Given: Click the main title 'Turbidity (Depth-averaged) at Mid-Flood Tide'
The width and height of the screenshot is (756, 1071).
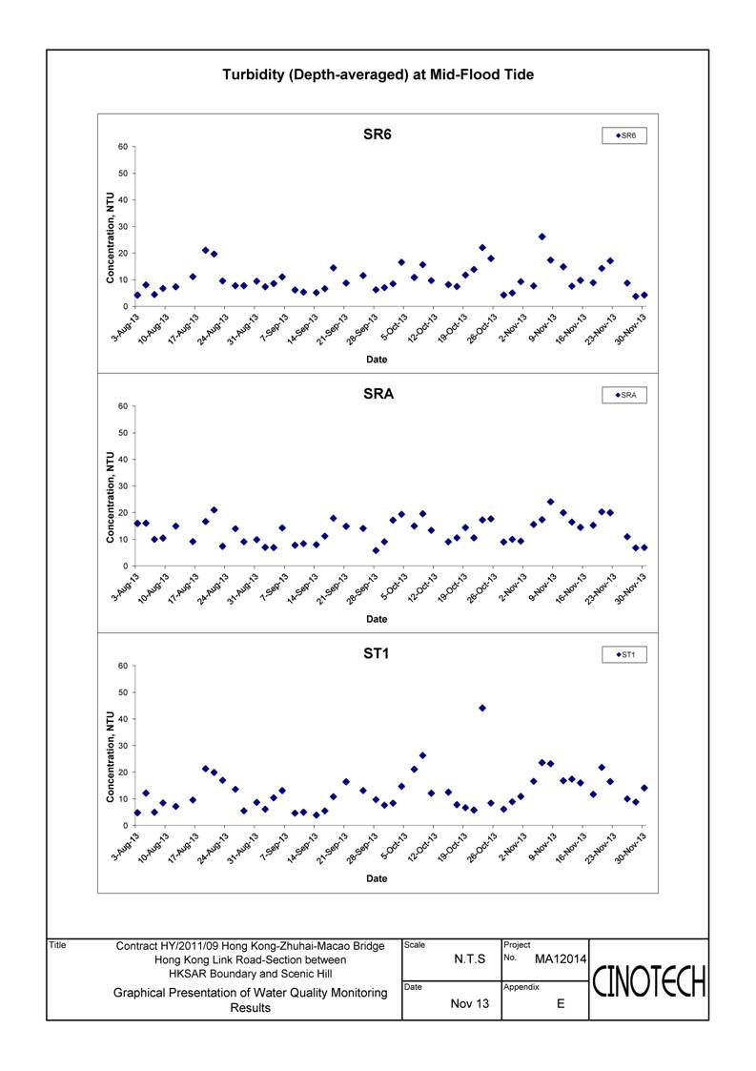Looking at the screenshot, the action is coord(378,74).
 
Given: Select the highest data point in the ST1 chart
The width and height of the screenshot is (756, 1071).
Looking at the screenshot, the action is coord(482,708).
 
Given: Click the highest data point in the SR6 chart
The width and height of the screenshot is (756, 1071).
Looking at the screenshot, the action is coord(542,237).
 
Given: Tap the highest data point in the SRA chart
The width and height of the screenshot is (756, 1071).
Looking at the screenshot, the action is coord(550,502).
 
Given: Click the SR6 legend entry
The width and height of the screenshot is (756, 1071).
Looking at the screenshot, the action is coord(624,136).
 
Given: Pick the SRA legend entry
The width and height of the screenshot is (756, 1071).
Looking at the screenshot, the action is coord(624,396).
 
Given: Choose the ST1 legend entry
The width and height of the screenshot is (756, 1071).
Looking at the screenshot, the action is coord(624,655).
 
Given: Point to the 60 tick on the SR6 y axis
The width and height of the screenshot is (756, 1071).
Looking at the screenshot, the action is coord(123,147).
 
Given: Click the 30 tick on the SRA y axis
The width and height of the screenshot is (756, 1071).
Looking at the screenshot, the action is coord(123,486).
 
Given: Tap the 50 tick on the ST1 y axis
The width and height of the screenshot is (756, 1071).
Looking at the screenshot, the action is coord(123,692).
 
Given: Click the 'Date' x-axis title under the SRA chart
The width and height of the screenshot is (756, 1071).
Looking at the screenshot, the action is coord(377,619).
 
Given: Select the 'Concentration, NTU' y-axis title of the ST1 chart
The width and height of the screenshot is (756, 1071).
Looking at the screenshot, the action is coord(110,757).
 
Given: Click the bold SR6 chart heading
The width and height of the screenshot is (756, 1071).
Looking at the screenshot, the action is coord(378,134).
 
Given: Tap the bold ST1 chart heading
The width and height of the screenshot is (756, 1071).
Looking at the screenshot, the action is coord(377,653).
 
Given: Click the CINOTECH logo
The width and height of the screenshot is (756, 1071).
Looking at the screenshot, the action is coord(649,982).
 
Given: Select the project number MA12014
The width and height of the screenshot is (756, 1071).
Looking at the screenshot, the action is coord(560,959).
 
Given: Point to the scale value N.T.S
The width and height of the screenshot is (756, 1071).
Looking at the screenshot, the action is coord(470,959).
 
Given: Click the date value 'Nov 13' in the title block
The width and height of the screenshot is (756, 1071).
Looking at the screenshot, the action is coord(470,1003).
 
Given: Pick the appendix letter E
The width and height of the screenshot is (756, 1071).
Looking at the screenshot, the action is coord(561,1003).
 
